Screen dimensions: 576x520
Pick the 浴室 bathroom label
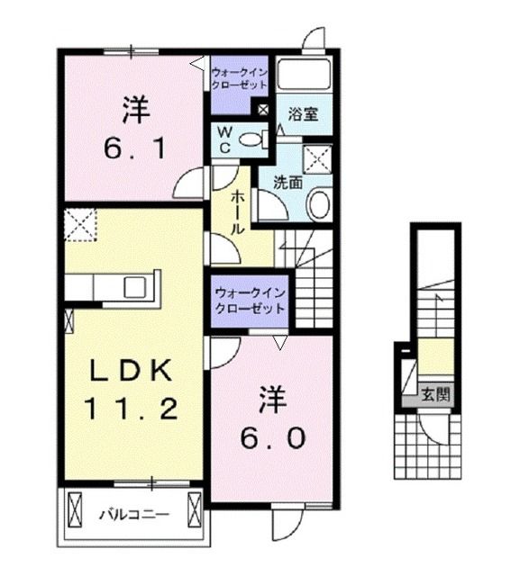301,114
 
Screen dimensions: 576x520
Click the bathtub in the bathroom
305,74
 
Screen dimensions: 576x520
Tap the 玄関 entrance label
436,393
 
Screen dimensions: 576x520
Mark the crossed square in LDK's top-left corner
80,223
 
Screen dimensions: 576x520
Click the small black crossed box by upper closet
263,110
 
